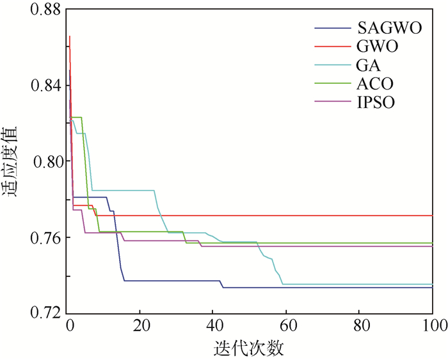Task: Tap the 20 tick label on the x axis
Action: [142, 324]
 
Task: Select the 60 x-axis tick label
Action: [287, 324]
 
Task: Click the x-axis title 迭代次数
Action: [251, 348]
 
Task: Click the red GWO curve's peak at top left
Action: [70, 36]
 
